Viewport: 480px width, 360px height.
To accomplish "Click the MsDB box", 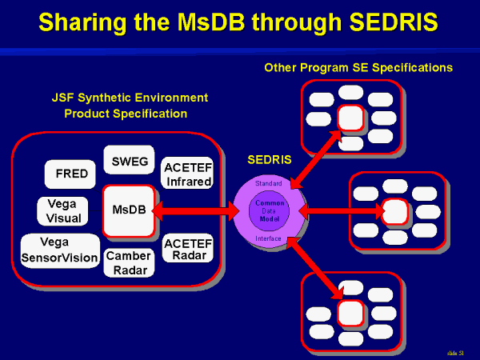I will coord(128,210).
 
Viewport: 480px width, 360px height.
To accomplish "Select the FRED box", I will coord(71,174).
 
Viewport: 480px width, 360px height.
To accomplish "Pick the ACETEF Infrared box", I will coord(187,173).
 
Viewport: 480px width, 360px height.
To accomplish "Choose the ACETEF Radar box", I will coord(187,249).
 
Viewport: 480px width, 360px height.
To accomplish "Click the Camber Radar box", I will coord(128,262).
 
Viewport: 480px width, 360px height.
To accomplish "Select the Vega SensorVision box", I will coord(59,250).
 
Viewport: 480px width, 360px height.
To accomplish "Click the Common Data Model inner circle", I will coord(269,210).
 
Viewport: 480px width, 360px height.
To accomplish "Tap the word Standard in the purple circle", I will coord(269,183).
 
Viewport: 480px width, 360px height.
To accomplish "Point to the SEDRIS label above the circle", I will coord(269,160).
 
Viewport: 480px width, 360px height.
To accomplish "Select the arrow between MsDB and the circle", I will coord(197,211).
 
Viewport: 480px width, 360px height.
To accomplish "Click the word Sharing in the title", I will coord(86,22).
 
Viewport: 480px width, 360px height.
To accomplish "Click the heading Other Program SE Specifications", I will coord(358,68).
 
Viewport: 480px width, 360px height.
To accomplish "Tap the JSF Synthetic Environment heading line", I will coord(129,98).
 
